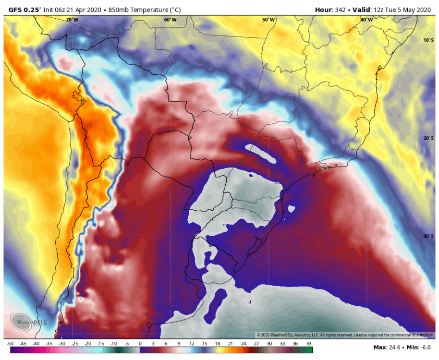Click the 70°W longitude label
click(x=72, y=20)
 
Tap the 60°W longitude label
click(x=170, y=20)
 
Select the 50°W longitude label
click(x=268, y=20)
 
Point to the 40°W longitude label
click(x=366, y=20)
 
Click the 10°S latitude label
click(x=428, y=40)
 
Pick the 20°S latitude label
click(x=428, y=138)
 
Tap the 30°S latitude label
click(x=428, y=236)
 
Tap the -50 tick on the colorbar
click(x=10, y=344)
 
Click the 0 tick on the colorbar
click(x=140, y=344)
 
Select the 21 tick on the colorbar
click(x=231, y=344)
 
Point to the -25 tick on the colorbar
click(x=74, y=344)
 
